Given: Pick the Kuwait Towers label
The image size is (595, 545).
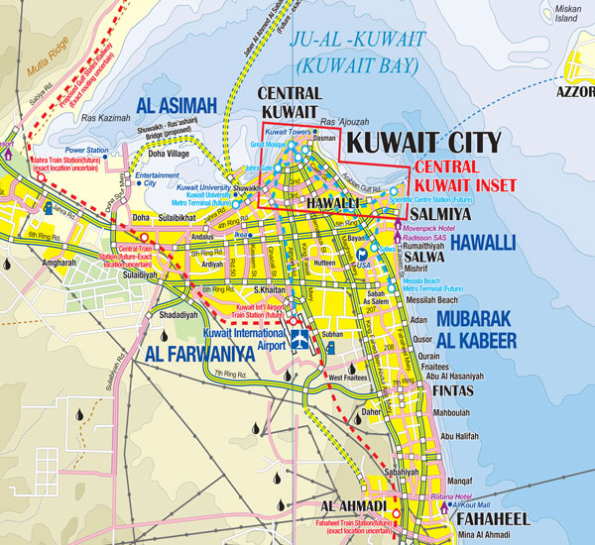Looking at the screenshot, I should click(x=290, y=132).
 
